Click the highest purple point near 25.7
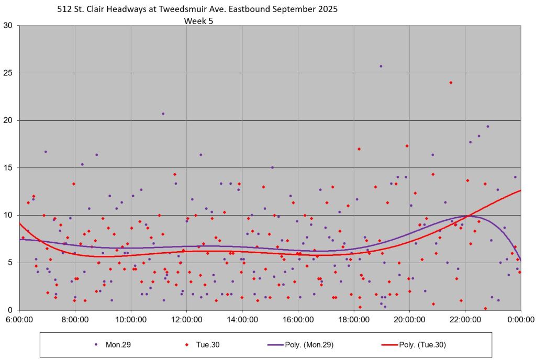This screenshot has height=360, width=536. click(381, 66)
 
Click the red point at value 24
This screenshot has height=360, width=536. click(451, 82)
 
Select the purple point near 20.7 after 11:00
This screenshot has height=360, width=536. click(163, 114)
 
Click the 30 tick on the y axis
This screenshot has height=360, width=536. click(8, 25)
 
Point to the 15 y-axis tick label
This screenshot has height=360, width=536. click(8, 167)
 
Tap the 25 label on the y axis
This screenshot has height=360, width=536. click(8, 73)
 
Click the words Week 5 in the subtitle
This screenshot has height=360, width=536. click(198, 21)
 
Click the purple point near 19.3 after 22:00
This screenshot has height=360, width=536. click(488, 126)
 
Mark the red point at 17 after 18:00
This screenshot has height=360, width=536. click(359, 149)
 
